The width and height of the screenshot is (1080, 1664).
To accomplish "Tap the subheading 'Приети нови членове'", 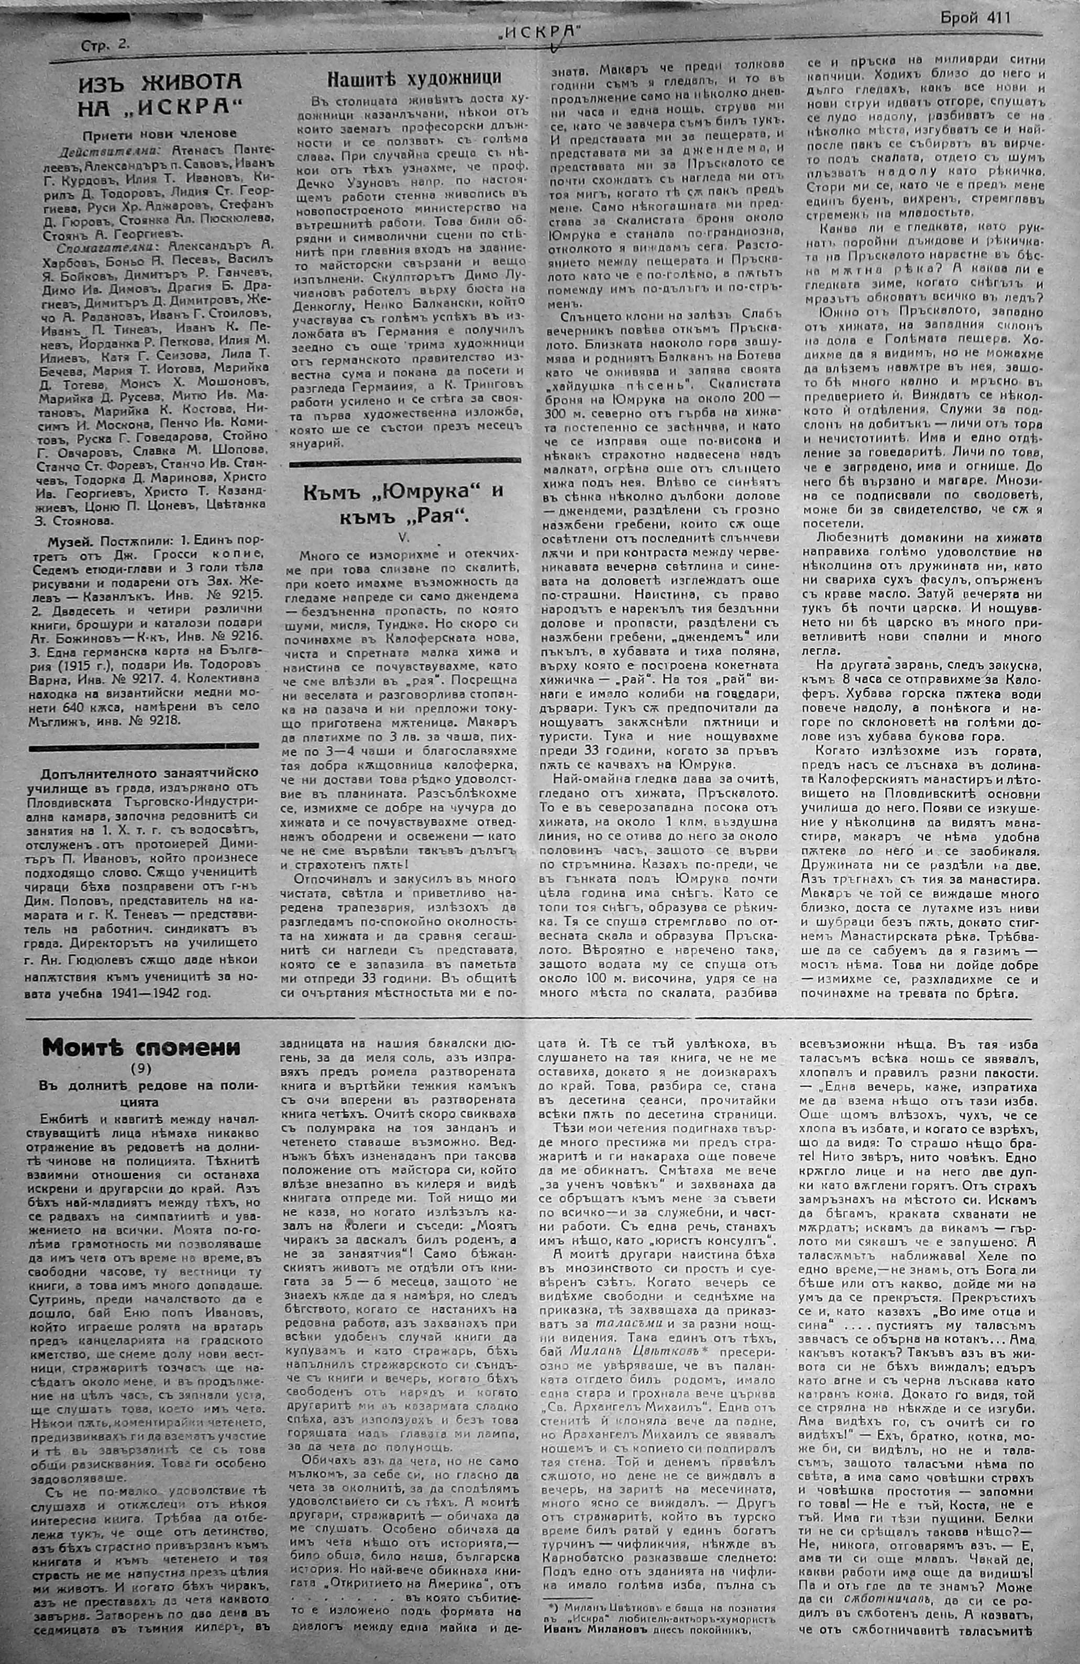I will point(159,133).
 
